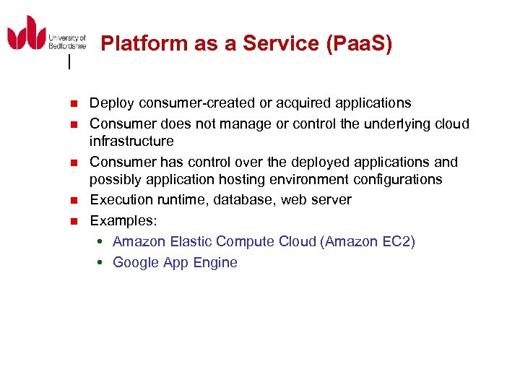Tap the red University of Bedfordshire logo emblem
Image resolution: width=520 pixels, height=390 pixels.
click(26, 34)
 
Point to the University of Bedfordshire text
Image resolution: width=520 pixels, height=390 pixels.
click(67, 41)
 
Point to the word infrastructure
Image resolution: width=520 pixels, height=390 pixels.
click(131, 141)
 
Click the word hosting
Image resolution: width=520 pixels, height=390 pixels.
click(248, 179)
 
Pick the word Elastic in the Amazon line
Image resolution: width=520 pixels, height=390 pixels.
click(189, 241)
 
